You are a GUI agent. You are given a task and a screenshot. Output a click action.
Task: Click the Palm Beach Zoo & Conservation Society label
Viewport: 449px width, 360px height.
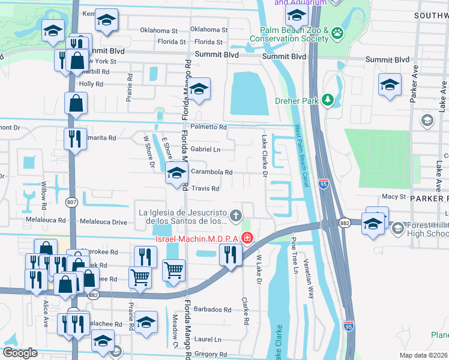tap(294, 34)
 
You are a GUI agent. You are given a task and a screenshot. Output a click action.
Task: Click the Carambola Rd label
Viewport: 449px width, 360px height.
tap(211, 172)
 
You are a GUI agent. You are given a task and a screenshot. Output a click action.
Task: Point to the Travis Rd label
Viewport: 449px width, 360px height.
tap(205, 188)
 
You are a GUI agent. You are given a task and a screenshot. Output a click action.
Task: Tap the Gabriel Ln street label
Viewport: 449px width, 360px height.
tap(205, 149)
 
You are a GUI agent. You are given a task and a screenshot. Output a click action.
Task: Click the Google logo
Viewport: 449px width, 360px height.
tap(20, 353)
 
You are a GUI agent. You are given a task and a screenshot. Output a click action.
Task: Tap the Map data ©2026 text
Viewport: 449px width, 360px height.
tap(423, 355)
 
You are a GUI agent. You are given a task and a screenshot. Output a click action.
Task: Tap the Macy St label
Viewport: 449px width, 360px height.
tap(394, 197)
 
